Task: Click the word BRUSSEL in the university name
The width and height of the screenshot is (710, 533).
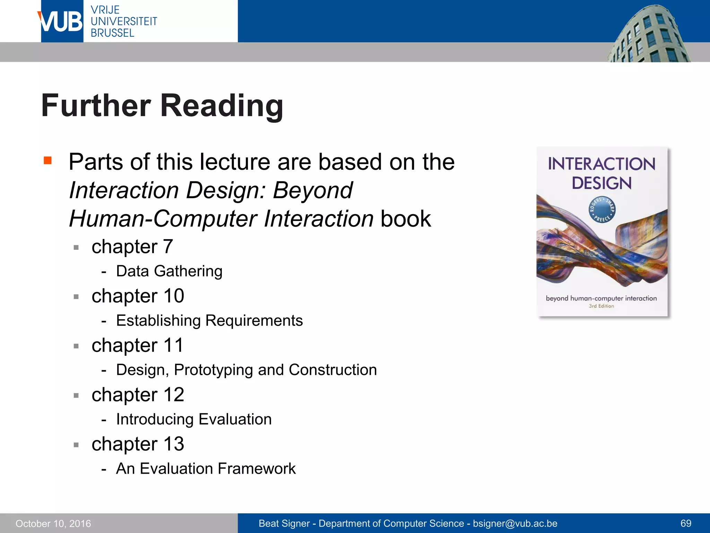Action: pyautogui.click(x=112, y=33)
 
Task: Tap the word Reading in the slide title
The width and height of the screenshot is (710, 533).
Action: pyautogui.click(x=222, y=105)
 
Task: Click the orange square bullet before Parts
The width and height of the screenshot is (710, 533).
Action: pyautogui.click(x=47, y=160)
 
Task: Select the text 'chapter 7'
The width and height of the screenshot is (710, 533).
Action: pyautogui.click(x=132, y=247)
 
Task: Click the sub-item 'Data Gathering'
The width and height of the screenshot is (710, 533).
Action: pyautogui.click(x=169, y=271)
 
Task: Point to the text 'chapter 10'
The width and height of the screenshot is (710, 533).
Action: pyautogui.click(x=138, y=296)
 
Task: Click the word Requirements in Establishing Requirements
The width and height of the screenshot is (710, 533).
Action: pyautogui.click(x=254, y=320)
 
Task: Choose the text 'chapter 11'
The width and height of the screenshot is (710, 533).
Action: pyautogui.click(x=137, y=345)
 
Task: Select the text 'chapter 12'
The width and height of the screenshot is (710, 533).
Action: pyautogui.click(x=138, y=395)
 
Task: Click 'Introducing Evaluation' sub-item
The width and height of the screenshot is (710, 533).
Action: pyautogui.click(x=194, y=419)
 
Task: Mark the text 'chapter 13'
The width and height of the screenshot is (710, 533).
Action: pyautogui.click(x=138, y=444)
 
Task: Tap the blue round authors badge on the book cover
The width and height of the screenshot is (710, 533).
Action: pyautogui.click(x=602, y=210)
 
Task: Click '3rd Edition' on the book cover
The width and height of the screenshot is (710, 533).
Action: pyautogui.click(x=601, y=306)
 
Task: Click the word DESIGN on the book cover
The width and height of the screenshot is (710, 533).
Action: pyautogui.click(x=602, y=183)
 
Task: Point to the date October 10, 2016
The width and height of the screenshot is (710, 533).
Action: pyautogui.click(x=53, y=523)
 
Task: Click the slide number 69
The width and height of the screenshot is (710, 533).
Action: pyautogui.click(x=686, y=523)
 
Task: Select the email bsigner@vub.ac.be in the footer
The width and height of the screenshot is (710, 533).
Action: pyautogui.click(x=515, y=523)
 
